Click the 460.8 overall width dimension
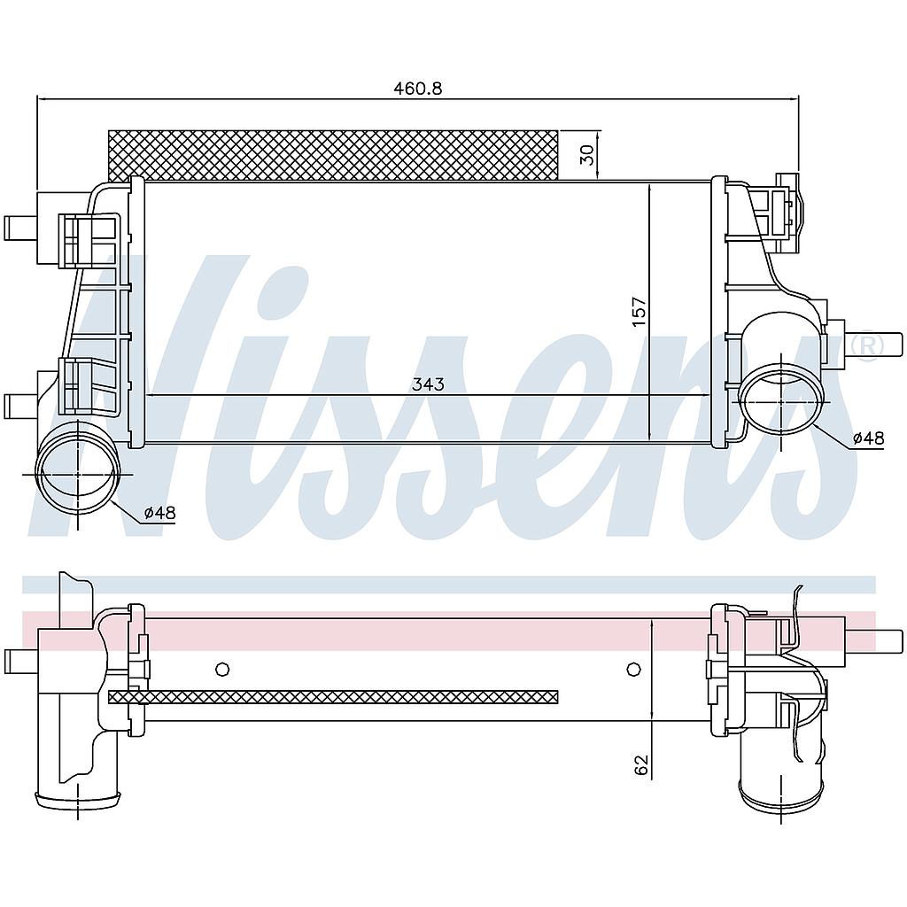pyautogui.click(x=417, y=88)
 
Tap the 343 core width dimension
pyautogui.click(x=427, y=384)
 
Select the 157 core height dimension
pyautogui.click(x=640, y=312)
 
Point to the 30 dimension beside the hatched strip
pyautogui.click(x=586, y=155)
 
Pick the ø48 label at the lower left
pyautogui.click(x=159, y=513)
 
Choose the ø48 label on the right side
pyautogui.click(x=868, y=438)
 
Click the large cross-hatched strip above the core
pyautogui.click(x=333, y=155)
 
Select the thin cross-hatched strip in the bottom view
pyautogui.click(x=333, y=697)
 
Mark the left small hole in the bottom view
pyautogui.click(x=222, y=669)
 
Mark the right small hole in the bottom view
pyautogui.click(x=632, y=669)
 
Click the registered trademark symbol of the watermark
pyautogui.click(x=865, y=345)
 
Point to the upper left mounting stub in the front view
pyautogui.click(x=18, y=228)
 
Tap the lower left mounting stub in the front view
pyautogui.click(x=18, y=406)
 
